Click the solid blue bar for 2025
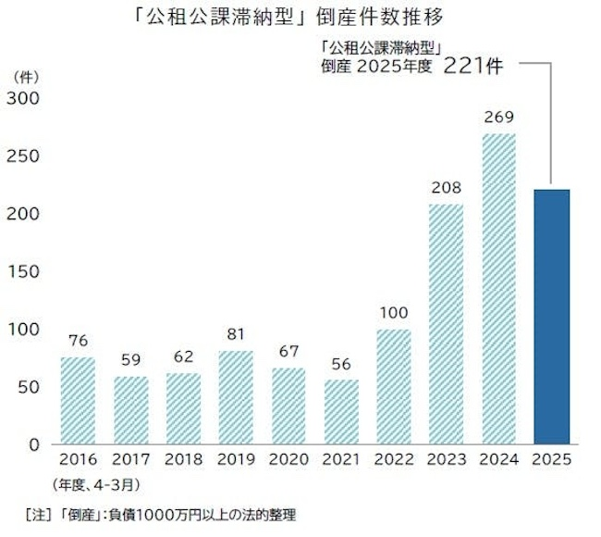(x=551, y=316)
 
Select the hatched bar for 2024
(x=498, y=288)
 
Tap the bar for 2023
(x=447, y=323)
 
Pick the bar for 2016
(x=79, y=400)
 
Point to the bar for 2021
(x=341, y=411)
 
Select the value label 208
(x=447, y=188)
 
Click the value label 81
(x=236, y=335)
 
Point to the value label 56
(x=341, y=364)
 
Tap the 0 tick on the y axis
(x=33, y=444)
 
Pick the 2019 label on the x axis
(x=236, y=460)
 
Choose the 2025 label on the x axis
(x=551, y=460)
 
